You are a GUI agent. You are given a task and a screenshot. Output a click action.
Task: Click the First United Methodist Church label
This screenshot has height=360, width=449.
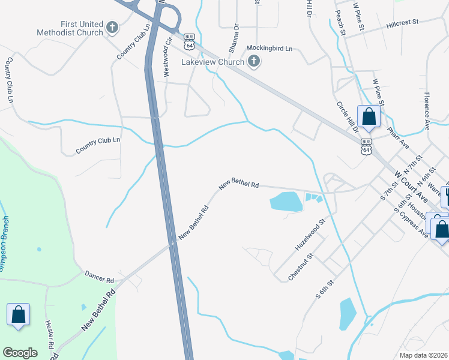pos(69,28)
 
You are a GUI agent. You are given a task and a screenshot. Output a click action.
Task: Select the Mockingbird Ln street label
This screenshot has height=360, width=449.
pos(270,48)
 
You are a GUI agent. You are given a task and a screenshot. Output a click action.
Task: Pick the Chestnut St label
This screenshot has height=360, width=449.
pos(301,266)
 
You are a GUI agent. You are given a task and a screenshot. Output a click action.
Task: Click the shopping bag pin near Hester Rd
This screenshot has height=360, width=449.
pos(19,314)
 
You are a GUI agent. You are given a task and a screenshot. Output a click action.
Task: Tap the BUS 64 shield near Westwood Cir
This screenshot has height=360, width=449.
pos(190,41)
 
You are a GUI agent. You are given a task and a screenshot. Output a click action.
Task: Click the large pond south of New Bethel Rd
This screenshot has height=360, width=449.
pos(286,201)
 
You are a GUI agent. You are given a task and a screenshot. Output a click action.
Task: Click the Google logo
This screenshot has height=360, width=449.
pos(20,353)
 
